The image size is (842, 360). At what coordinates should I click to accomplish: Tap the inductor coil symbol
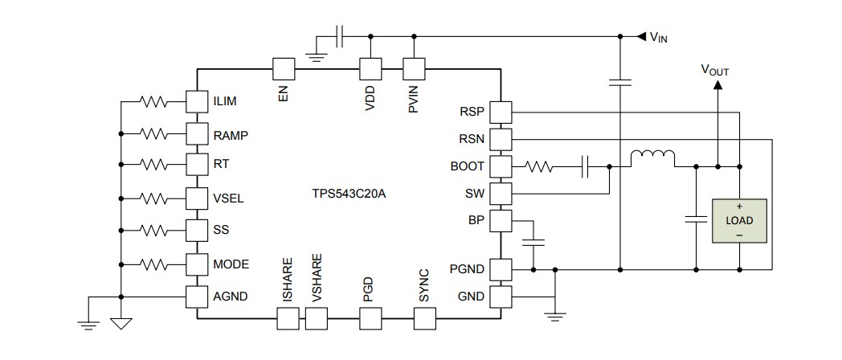pyautogui.click(x=652, y=158)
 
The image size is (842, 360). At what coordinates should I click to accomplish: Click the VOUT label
pyautogui.click(x=715, y=70)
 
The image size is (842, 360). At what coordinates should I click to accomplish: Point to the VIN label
pyautogui.click(x=658, y=37)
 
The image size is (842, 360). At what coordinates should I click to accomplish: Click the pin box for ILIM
pyautogui.click(x=197, y=102)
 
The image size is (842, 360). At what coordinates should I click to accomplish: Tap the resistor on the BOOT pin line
pyautogui.click(x=538, y=167)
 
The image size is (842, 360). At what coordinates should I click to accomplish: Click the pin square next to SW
pyautogui.click(x=501, y=194)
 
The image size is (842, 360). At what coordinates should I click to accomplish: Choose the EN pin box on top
pyautogui.click(x=284, y=69)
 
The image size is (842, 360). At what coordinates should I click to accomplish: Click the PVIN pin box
pyautogui.click(x=413, y=69)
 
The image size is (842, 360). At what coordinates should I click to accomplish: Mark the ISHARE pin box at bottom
pyautogui.click(x=288, y=320)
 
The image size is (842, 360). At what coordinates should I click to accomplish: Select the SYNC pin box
pyautogui.click(x=425, y=320)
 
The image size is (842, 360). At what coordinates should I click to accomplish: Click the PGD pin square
pyautogui.click(x=370, y=320)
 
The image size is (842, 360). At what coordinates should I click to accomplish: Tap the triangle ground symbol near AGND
pyautogui.click(x=120, y=324)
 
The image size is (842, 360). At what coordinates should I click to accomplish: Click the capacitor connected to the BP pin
pyautogui.click(x=533, y=241)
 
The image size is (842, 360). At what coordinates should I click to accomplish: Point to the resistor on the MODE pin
pyautogui.click(x=153, y=264)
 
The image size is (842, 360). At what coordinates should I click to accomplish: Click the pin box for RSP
pyautogui.click(x=501, y=112)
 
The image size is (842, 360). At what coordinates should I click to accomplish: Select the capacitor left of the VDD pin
pyautogui.click(x=340, y=36)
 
